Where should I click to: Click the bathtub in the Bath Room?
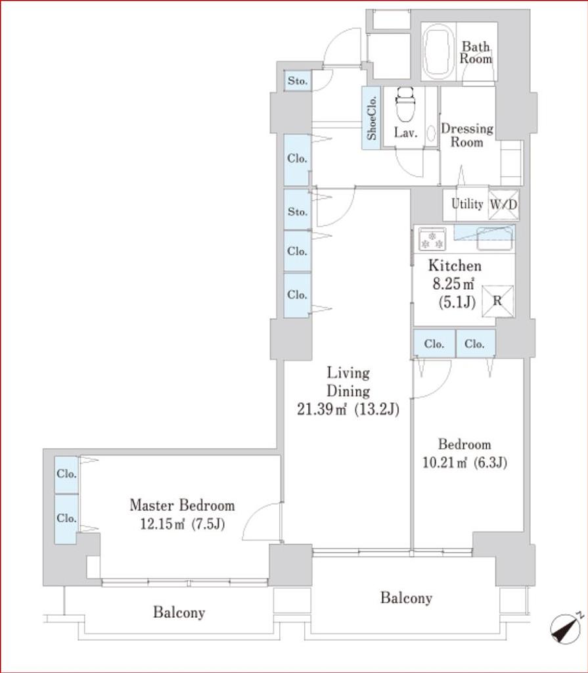439,51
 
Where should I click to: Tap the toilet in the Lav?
406,106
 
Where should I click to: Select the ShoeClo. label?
372,118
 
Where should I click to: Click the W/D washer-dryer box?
503,205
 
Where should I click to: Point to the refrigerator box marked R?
497,301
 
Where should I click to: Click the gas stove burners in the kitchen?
432,239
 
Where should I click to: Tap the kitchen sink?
495,238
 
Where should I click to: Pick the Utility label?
467,204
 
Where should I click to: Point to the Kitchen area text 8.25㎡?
453,284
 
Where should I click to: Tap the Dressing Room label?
467,135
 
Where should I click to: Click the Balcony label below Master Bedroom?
179,612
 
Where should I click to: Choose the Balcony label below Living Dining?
406,598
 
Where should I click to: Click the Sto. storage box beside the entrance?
298,81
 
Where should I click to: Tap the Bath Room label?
476,53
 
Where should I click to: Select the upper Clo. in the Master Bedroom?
66,475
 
